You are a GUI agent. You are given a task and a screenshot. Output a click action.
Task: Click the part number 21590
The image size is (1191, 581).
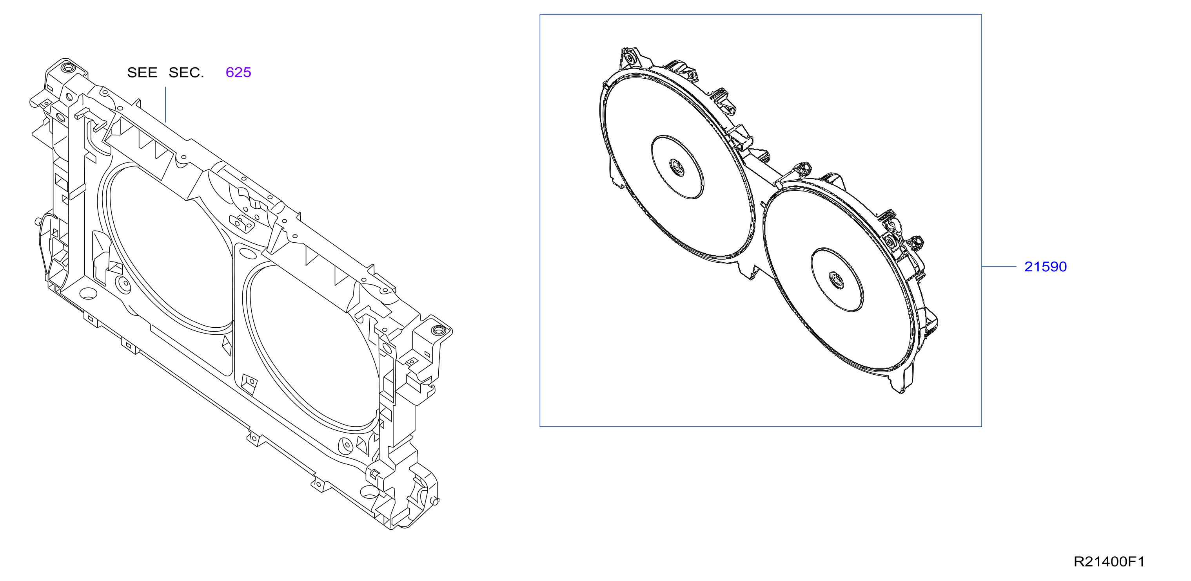pyautogui.click(x=1046, y=267)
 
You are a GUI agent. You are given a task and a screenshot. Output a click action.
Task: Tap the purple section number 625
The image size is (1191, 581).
pyautogui.click(x=238, y=72)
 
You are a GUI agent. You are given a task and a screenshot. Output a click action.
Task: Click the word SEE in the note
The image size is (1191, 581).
pyautogui.click(x=142, y=72)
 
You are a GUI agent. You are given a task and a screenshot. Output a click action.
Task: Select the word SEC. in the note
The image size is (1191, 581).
pyautogui.click(x=186, y=72)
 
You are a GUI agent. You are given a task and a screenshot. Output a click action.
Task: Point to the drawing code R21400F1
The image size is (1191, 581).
pyautogui.click(x=1109, y=561)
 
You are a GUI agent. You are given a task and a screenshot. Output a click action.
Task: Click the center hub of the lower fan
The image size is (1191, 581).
pyautogui.click(x=837, y=280)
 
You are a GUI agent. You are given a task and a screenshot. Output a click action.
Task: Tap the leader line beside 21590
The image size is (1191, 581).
pyautogui.click(x=999, y=267)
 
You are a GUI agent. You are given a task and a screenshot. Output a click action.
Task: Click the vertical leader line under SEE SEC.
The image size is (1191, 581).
pyautogui.click(x=165, y=105)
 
